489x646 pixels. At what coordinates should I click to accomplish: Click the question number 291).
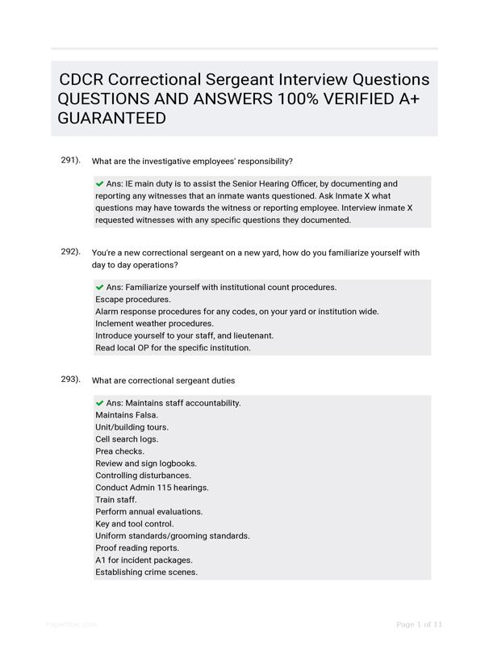70,160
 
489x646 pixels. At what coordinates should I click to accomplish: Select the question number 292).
70,251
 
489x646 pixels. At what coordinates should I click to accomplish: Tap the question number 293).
70,379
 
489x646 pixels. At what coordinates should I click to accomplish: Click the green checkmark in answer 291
99,183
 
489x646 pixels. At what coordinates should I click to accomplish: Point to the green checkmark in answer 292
99,287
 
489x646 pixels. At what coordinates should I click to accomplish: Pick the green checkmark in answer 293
99,402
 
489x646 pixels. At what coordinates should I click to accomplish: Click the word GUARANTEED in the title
112,119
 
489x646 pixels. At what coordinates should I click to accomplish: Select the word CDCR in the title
81,80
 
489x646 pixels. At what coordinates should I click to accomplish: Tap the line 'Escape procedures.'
133,300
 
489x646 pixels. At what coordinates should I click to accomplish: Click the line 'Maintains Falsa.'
127,415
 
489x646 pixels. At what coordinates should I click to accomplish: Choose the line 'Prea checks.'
119,451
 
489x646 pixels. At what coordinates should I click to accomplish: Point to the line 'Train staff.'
116,500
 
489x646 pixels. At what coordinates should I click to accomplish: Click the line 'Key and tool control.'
135,523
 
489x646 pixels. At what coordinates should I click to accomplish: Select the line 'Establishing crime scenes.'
146,572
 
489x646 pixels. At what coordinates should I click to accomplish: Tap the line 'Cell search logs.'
127,439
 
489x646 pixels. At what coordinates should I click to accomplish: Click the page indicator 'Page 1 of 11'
420,624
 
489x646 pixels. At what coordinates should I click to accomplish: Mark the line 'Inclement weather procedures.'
154,324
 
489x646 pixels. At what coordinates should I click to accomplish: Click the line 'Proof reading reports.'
137,547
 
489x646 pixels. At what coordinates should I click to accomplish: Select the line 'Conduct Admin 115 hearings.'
152,488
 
